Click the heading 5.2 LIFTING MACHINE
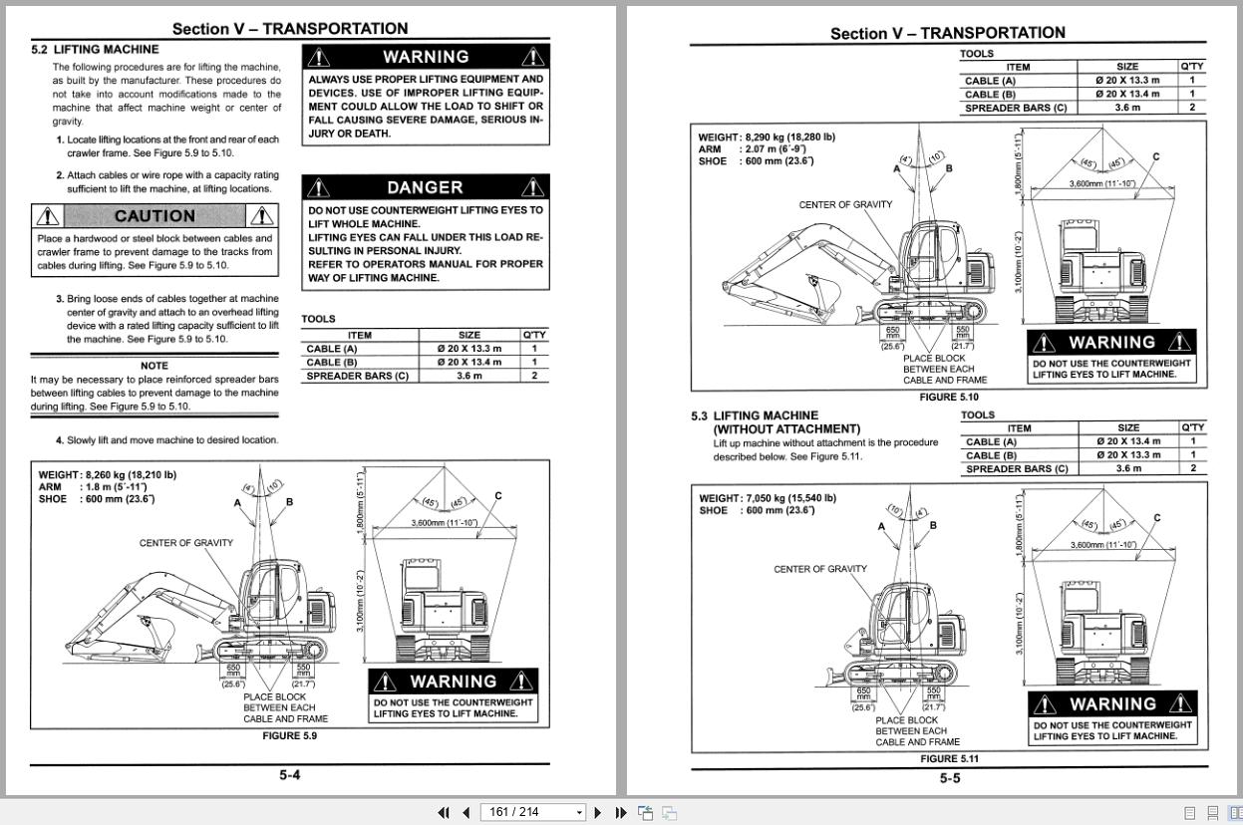pyautogui.click(x=95, y=49)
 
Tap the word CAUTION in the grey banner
pyautogui.click(x=155, y=216)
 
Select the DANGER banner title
pyautogui.click(x=425, y=187)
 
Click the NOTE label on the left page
pyautogui.click(x=155, y=366)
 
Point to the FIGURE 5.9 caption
pyautogui.click(x=289, y=735)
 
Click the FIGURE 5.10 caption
pyautogui.click(x=949, y=397)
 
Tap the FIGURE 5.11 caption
pyautogui.click(x=949, y=758)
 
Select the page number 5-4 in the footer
pyautogui.click(x=289, y=775)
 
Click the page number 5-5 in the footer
pyautogui.click(x=949, y=778)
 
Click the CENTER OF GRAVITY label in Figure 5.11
pyautogui.click(x=820, y=569)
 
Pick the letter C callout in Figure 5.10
pyautogui.click(x=1156, y=156)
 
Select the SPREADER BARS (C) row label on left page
pyautogui.click(x=357, y=376)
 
